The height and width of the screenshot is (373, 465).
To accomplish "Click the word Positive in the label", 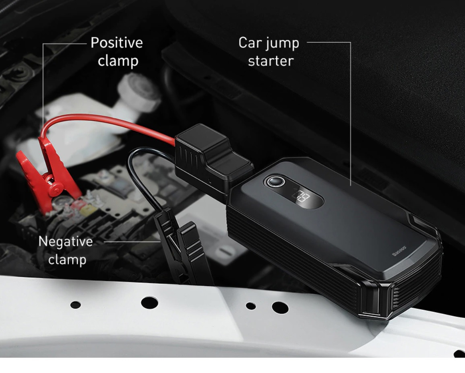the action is coord(116,43).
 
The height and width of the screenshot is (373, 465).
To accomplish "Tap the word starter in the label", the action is coord(271,61).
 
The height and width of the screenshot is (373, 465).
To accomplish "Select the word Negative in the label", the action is coord(66,242).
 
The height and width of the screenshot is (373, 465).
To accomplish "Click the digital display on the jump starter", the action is coord(301,196).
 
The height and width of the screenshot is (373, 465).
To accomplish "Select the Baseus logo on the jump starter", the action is coord(399,251).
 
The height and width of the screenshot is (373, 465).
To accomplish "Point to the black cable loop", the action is coord(143,175).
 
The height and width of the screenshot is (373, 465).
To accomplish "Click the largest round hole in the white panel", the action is coord(149,303).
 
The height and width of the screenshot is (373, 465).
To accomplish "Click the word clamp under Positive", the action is coord(118,61).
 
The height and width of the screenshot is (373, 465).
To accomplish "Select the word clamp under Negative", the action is coord(67,260).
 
